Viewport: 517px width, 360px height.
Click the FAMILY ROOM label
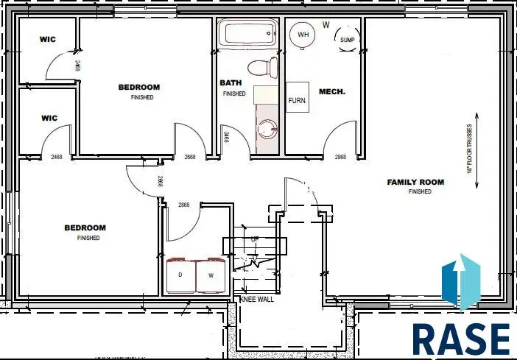click(x=416, y=182)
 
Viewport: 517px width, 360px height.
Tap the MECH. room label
click(x=328, y=92)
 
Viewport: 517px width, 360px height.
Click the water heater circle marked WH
click(x=303, y=34)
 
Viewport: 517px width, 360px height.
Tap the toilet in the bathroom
click(x=258, y=68)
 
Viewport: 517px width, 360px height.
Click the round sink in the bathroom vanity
click(x=267, y=130)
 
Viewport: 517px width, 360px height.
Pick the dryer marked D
click(x=180, y=275)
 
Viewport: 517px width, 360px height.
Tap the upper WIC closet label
click(x=49, y=38)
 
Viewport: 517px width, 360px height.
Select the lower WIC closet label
click(x=49, y=118)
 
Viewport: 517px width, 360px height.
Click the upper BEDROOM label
click(x=138, y=88)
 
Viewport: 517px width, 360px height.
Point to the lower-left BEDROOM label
click(x=85, y=228)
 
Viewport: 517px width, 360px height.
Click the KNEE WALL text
click(x=257, y=300)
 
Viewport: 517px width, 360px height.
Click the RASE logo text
click(x=460, y=339)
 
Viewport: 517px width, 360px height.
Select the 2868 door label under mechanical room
click(x=340, y=157)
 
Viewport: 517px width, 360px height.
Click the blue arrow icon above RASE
click(x=461, y=280)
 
